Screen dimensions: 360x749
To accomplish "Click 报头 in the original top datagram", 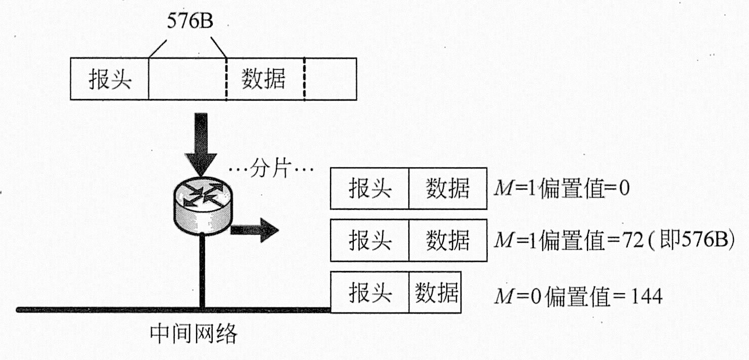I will point(110,79).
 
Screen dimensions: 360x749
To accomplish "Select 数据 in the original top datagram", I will point(263,79).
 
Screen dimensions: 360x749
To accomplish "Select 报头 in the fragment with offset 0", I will point(370,189).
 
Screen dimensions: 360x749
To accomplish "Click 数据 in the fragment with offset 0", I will point(448,189).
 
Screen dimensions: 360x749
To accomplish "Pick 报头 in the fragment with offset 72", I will point(370,240).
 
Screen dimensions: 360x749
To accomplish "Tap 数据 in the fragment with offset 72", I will point(448,240).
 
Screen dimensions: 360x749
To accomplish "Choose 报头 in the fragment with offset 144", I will point(370,293).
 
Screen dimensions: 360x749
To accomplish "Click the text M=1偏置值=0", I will point(561,190).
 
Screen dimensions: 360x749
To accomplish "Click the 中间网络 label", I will point(194,334).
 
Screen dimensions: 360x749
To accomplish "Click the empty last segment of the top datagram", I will point(331,79).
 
